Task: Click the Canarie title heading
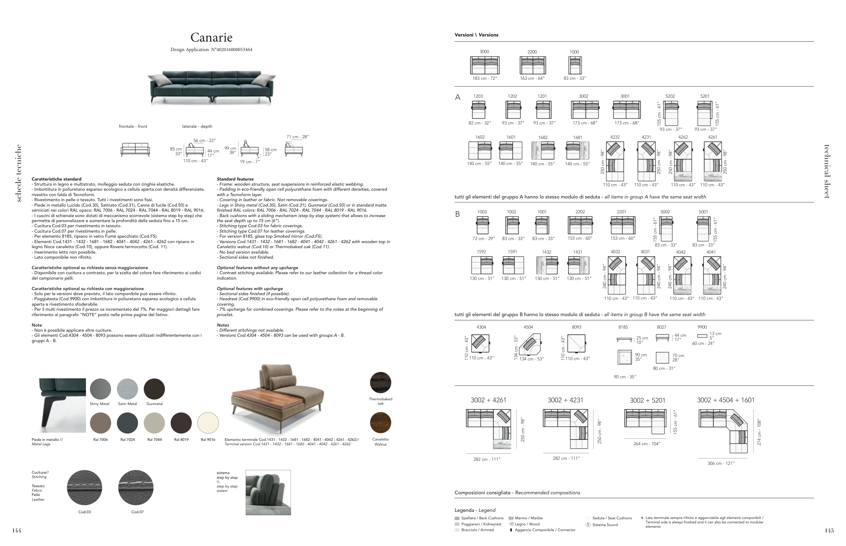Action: point(211,37)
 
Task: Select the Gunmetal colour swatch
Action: point(154,389)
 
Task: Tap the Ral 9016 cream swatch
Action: point(208,423)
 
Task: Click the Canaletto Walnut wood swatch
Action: point(380,423)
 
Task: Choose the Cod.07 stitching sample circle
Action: point(136,488)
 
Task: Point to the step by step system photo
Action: point(268,493)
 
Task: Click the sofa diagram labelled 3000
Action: point(485,65)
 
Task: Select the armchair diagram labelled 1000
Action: point(575,65)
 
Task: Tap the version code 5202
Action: point(670,96)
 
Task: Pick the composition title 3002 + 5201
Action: point(647,400)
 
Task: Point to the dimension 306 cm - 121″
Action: point(721,463)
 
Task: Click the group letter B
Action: point(458,214)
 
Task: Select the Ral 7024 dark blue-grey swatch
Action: point(127,423)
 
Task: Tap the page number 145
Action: point(829,531)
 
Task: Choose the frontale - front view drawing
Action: point(135,150)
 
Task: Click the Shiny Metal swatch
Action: point(101,389)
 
